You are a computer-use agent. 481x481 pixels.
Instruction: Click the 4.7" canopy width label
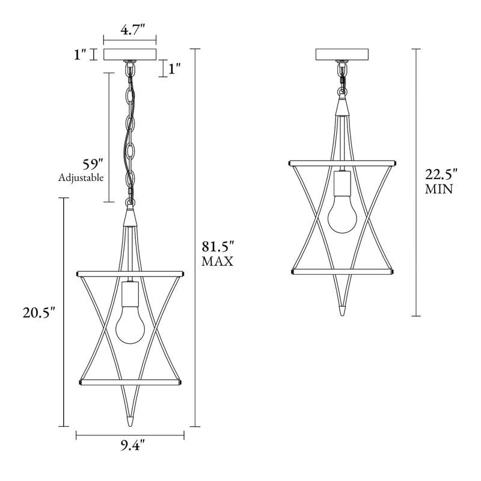pos(132,30)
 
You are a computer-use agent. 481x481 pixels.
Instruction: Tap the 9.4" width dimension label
pos(132,446)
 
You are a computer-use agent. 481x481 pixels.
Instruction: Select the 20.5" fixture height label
pos(39,312)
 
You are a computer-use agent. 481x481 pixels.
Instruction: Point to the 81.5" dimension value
pos(218,247)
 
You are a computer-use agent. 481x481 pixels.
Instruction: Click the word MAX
pos(218,262)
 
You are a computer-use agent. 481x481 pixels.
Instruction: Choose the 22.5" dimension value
pos(441,174)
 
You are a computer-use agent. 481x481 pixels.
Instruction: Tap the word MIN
pos(439,189)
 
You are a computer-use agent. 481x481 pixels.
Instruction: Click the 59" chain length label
pos(93,164)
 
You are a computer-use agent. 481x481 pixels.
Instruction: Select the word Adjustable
pos(81,177)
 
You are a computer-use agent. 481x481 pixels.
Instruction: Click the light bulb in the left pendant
pos(130,325)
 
